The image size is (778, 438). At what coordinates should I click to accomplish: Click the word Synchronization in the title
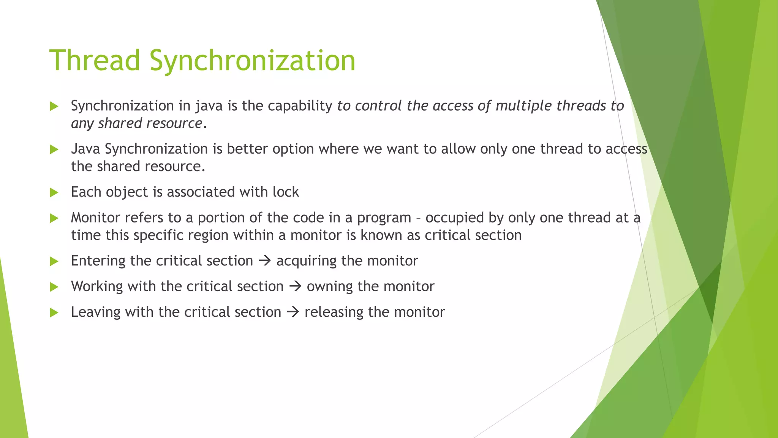(252, 60)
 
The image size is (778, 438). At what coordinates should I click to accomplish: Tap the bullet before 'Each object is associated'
(54, 193)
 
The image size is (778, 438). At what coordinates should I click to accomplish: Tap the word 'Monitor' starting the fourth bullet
(95, 217)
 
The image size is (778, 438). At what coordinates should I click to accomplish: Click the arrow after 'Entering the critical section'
(264, 261)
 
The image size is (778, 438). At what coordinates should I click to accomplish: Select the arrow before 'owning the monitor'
(295, 286)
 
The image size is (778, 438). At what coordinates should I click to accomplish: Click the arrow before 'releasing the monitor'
(293, 312)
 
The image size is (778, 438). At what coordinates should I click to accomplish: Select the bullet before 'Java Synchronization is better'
(54, 149)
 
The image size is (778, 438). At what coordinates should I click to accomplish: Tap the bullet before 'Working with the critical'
(54, 287)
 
